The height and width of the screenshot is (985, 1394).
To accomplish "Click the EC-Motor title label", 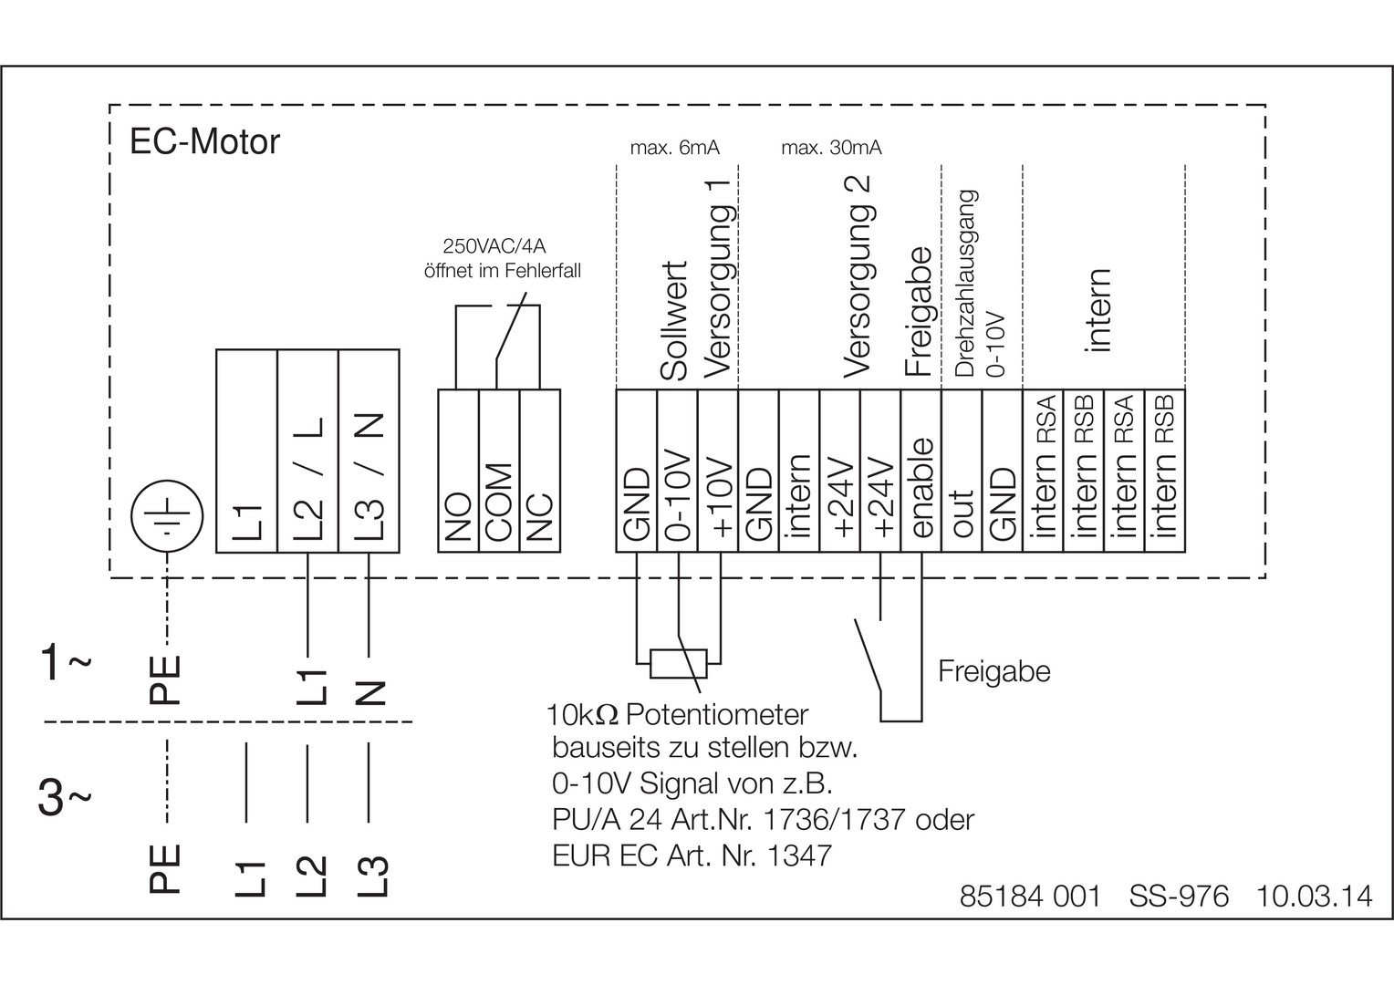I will (x=204, y=142).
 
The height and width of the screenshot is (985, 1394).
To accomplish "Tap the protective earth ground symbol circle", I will (x=166, y=521).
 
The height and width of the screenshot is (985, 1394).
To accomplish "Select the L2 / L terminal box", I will (x=307, y=451).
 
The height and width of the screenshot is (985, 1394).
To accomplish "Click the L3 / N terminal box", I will (x=369, y=451).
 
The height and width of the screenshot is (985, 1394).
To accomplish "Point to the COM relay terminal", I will (x=498, y=471).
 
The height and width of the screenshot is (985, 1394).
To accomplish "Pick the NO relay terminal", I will (x=458, y=471).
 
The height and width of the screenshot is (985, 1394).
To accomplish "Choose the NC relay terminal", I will (x=539, y=471).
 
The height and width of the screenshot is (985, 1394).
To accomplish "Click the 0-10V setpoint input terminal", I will (x=678, y=471).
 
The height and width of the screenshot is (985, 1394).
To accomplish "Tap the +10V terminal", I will (x=718, y=471).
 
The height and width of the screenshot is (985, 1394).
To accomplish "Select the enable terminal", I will (x=921, y=471).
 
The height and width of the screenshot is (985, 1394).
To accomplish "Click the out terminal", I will (x=962, y=471).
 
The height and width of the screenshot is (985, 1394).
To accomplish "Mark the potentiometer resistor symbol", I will (x=677, y=664).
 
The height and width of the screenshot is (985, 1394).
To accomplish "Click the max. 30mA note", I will (x=831, y=148).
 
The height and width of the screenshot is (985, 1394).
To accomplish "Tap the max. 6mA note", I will (x=674, y=148).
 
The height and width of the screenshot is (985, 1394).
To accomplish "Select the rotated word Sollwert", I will (x=675, y=322).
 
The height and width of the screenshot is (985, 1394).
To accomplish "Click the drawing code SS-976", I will (x=1179, y=896).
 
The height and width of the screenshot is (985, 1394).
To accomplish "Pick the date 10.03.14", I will (x=1314, y=896).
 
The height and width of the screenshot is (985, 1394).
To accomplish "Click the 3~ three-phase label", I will (x=64, y=800).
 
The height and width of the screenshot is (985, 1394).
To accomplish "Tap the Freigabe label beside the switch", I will (x=994, y=671).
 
